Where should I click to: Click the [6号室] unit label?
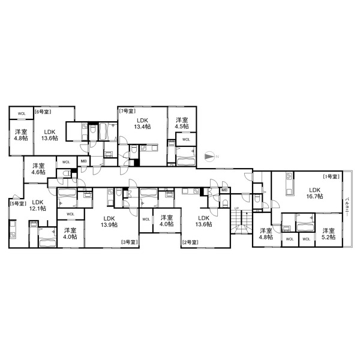tap(43, 112)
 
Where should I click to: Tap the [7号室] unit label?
tap(127, 111)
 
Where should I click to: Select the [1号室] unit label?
tap(331, 176)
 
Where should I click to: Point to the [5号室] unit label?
tap(18, 203)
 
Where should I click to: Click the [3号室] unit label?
tap(130, 242)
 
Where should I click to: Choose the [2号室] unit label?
tap(190, 242)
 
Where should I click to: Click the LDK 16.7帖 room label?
tap(314, 193)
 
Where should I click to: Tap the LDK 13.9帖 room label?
tap(109, 221)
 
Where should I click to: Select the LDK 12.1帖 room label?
tap(38, 205)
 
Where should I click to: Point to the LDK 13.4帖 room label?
tap(143, 123)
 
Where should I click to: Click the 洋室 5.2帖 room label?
tap(329, 234)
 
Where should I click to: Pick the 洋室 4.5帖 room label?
tap(182, 123)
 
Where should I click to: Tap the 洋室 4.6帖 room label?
tap(38, 169)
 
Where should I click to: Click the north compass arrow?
tap(209, 157)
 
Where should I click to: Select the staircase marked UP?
tap(241, 221)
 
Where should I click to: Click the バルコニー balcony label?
tap(347, 206)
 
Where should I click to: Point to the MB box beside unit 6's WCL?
tap(83, 161)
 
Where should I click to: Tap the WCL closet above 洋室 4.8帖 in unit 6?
tap(22, 113)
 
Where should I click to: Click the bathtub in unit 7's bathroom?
tap(186, 160)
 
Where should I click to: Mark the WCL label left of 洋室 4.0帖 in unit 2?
tap(146, 219)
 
